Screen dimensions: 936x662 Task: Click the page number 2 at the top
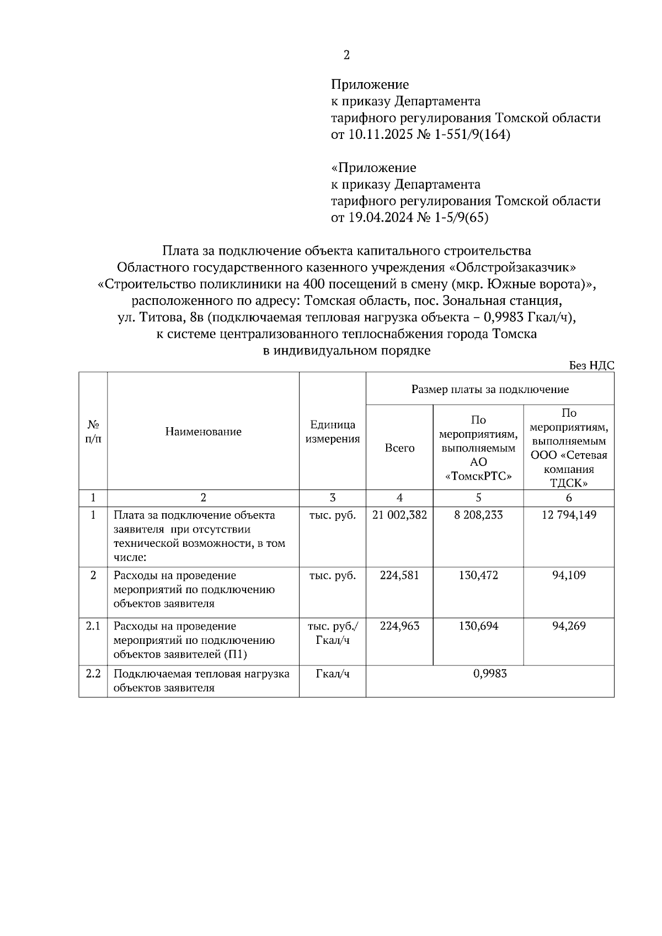[346, 55]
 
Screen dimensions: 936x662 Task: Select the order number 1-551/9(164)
[473, 135]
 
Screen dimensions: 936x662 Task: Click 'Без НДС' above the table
[591, 366]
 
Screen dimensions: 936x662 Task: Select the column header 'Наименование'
[203, 432]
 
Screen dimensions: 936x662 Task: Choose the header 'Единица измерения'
[333, 432]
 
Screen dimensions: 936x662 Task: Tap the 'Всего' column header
[399, 448]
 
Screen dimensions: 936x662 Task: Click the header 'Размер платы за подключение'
[490, 389]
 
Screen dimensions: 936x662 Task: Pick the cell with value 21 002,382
[399, 515]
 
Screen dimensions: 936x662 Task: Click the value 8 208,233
[478, 515]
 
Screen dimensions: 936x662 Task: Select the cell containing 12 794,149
[569, 515]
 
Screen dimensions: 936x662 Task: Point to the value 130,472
[478, 575]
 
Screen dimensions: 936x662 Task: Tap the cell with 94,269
[569, 626]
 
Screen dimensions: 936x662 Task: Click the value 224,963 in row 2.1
[399, 626]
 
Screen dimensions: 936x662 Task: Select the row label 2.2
[93, 674]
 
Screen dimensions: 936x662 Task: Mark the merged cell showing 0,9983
[490, 674]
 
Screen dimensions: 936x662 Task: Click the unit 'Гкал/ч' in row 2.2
[333, 674]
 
